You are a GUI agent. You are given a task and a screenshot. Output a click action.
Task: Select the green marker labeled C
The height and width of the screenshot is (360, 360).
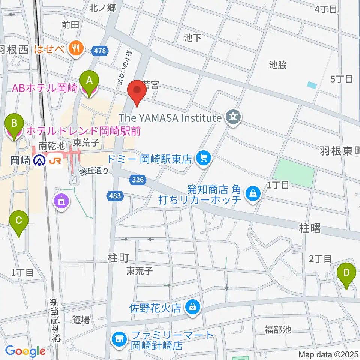19,223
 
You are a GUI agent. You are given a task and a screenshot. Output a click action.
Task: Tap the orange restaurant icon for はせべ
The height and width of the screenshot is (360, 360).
77,48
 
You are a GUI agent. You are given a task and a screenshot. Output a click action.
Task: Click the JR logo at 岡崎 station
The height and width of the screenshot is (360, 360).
55,161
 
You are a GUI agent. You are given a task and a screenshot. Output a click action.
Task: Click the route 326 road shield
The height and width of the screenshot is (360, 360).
138,181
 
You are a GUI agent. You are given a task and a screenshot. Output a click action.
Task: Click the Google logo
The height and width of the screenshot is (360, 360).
25,351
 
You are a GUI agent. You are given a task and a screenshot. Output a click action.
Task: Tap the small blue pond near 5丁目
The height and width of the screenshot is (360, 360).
312,85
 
